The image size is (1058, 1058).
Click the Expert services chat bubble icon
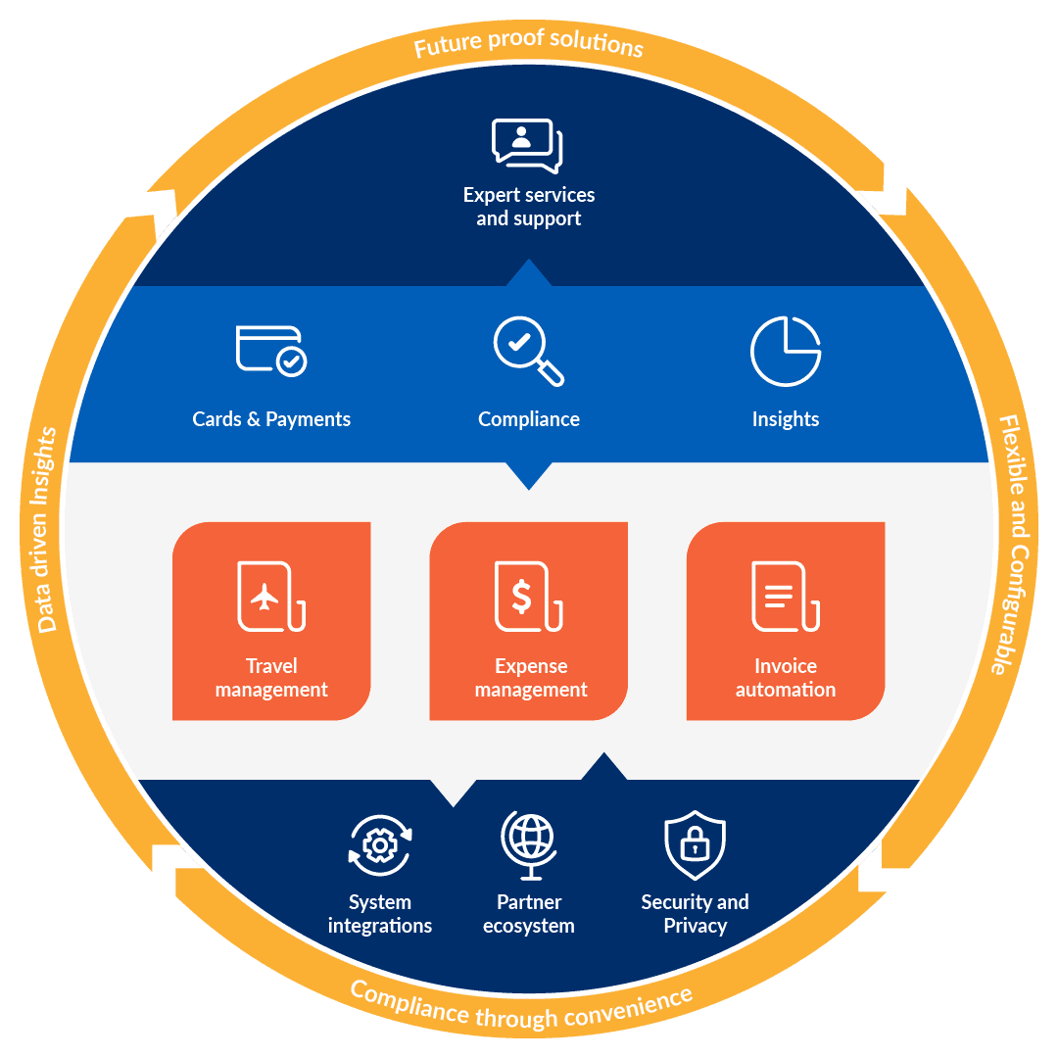(x=527, y=144)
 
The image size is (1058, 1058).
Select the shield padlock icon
(x=695, y=844)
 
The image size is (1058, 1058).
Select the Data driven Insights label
(x=46, y=529)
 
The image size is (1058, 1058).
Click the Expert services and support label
(x=529, y=207)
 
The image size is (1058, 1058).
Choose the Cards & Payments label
(x=271, y=419)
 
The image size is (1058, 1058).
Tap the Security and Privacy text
(x=695, y=914)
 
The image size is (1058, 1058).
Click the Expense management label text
(x=531, y=678)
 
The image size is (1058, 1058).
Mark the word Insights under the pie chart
(x=786, y=419)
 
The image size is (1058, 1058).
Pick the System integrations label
(x=380, y=914)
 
